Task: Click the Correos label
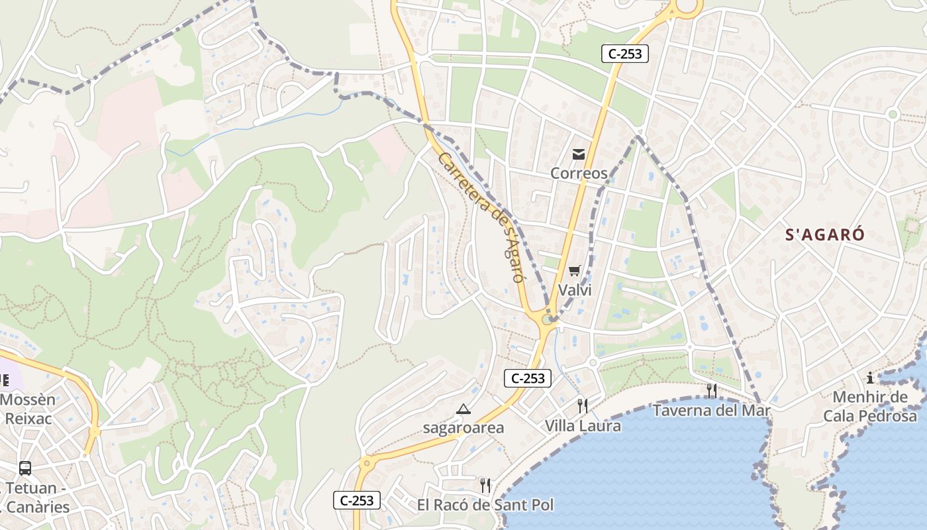pyautogui.click(x=579, y=174)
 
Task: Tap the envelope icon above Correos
pyautogui.click(x=579, y=154)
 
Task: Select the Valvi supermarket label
pyautogui.click(x=574, y=290)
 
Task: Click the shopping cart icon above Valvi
pyautogui.click(x=574, y=270)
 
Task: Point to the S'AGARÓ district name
pyautogui.click(x=825, y=235)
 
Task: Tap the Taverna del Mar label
pyautogui.click(x=711, y=411)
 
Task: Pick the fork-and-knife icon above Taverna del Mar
pyautogui.click(x=711, y=391)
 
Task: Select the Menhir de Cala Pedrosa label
pyautogui.click(x=870, y=407)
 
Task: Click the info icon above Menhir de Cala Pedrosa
pyautogui.click(x=870, y=378)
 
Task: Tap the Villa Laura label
pyautogui.click(x=583, y=425)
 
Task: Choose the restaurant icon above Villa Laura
pyautogui.click(x=583, y=405)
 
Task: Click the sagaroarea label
pyautogui.click(x=463, y=428)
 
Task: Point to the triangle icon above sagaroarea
pyautogui.click(x=463, y=409)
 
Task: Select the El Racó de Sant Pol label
pyautogui.click(x=485, y=505)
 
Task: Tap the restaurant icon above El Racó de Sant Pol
pyautogui.click(x=485, y=486)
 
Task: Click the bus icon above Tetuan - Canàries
pyautogui.click(x=25, y=468)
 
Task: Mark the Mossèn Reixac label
pyautogui.click(x=28, y=409)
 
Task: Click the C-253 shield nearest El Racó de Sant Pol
pyautogui.click(x=356, y=501)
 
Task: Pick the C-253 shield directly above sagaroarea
pyautogui.click(x=528, y=378)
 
